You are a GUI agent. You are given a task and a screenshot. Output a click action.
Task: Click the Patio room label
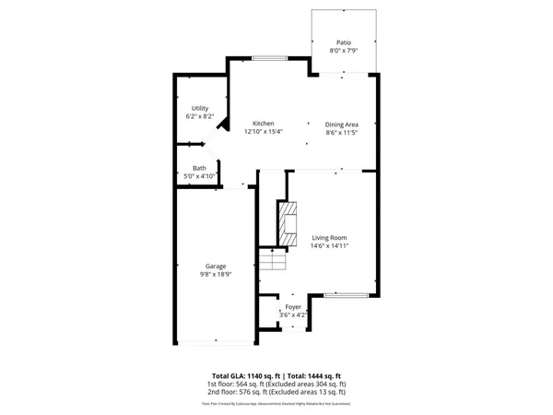344,42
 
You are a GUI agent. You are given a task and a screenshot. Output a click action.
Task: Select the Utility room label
200,109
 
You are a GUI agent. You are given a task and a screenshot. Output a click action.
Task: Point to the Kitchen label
264,124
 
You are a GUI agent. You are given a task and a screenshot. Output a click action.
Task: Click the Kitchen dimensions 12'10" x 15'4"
264,131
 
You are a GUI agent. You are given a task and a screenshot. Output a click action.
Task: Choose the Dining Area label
342,124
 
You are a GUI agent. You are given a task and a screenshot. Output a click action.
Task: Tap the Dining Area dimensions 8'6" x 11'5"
342,131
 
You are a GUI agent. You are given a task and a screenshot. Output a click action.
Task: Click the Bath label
200,168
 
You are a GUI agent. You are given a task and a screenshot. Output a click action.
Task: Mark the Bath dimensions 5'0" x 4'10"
200,175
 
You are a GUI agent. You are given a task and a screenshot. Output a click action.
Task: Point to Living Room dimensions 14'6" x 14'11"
328,245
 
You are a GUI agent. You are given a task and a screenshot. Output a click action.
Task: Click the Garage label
216,267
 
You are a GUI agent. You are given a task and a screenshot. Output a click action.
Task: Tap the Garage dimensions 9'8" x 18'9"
216,274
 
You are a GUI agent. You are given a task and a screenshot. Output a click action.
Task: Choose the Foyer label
293,306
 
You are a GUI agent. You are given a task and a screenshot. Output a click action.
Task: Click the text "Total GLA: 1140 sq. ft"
245,375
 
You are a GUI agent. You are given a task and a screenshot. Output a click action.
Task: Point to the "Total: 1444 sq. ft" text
313,375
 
